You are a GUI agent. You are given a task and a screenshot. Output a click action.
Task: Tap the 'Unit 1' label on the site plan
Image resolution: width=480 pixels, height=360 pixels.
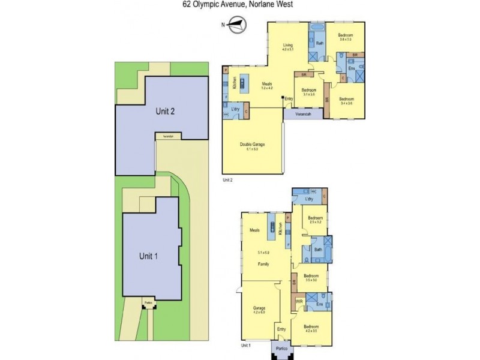click(148, 255)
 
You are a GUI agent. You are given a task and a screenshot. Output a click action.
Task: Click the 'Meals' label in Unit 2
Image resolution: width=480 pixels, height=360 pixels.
click(266, 85)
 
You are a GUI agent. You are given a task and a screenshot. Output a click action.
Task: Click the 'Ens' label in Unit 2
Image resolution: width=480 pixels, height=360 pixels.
click(352, 69)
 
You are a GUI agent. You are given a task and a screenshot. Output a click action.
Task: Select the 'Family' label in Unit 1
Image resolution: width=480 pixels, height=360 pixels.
click(263, 263)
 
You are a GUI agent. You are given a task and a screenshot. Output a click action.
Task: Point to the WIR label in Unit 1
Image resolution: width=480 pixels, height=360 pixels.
click(298, 301)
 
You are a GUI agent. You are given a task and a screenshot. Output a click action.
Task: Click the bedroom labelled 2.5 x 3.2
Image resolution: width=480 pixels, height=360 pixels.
click(316, 219)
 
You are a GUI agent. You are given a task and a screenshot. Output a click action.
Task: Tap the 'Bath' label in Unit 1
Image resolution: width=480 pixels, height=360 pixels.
click(318, 250)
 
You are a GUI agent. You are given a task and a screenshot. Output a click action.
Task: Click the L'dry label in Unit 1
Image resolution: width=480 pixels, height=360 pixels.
click(310, 199)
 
